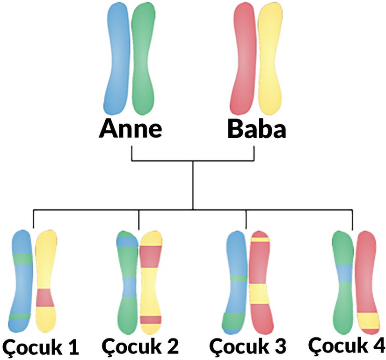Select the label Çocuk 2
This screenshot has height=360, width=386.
coord(140,347)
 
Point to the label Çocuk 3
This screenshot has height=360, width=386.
coord(248,347)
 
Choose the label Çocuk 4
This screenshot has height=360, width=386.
coord(347,345)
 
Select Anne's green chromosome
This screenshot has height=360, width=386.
coord(142,59)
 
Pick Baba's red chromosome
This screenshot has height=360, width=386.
coord(244,59)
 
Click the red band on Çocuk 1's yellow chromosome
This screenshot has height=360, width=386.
coord(45,297)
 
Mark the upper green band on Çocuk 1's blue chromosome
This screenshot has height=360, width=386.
coord(22,258)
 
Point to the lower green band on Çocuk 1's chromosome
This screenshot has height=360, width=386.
coord(20,316)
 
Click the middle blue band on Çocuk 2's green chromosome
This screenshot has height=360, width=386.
coord(128,287)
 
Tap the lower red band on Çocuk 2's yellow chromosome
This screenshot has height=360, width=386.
coord(151,320)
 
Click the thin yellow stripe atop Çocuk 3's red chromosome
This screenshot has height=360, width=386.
coord(260,240)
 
